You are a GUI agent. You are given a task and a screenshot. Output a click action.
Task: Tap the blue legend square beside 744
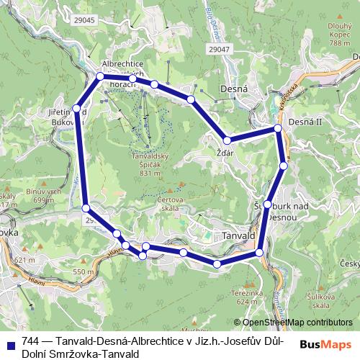pyautogui.click(x=9, y=343)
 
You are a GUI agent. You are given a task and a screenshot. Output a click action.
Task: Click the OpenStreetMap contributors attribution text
pyautogui.click(x=297, y=323)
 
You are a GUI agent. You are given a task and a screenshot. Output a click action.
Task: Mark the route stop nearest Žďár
pyautogui.click(x=227, y=140)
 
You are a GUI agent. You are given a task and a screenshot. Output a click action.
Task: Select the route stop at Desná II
pyautogui.click(x=277, y=129)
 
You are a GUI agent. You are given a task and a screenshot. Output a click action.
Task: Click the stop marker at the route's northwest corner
pyautogui.click(x=100, y=76)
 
